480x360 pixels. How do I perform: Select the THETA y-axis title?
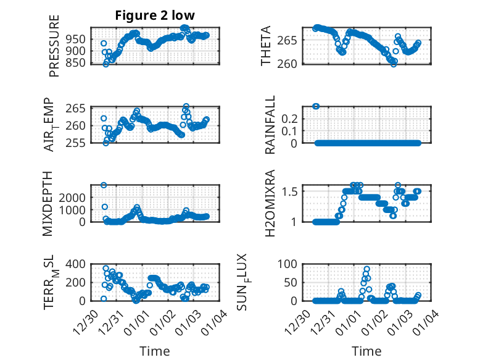(266, 46)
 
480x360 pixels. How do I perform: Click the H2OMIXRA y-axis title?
(270, 204)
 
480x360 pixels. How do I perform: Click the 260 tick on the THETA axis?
(292, 63)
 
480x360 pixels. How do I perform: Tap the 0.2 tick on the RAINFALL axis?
(291, 118)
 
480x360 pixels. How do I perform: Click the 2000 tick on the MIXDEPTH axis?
(74, 197)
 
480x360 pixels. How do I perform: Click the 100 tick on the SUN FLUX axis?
(291, 264)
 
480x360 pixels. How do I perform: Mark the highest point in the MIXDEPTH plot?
(104, 185)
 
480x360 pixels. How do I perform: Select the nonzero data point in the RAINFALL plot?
(316, 106)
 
